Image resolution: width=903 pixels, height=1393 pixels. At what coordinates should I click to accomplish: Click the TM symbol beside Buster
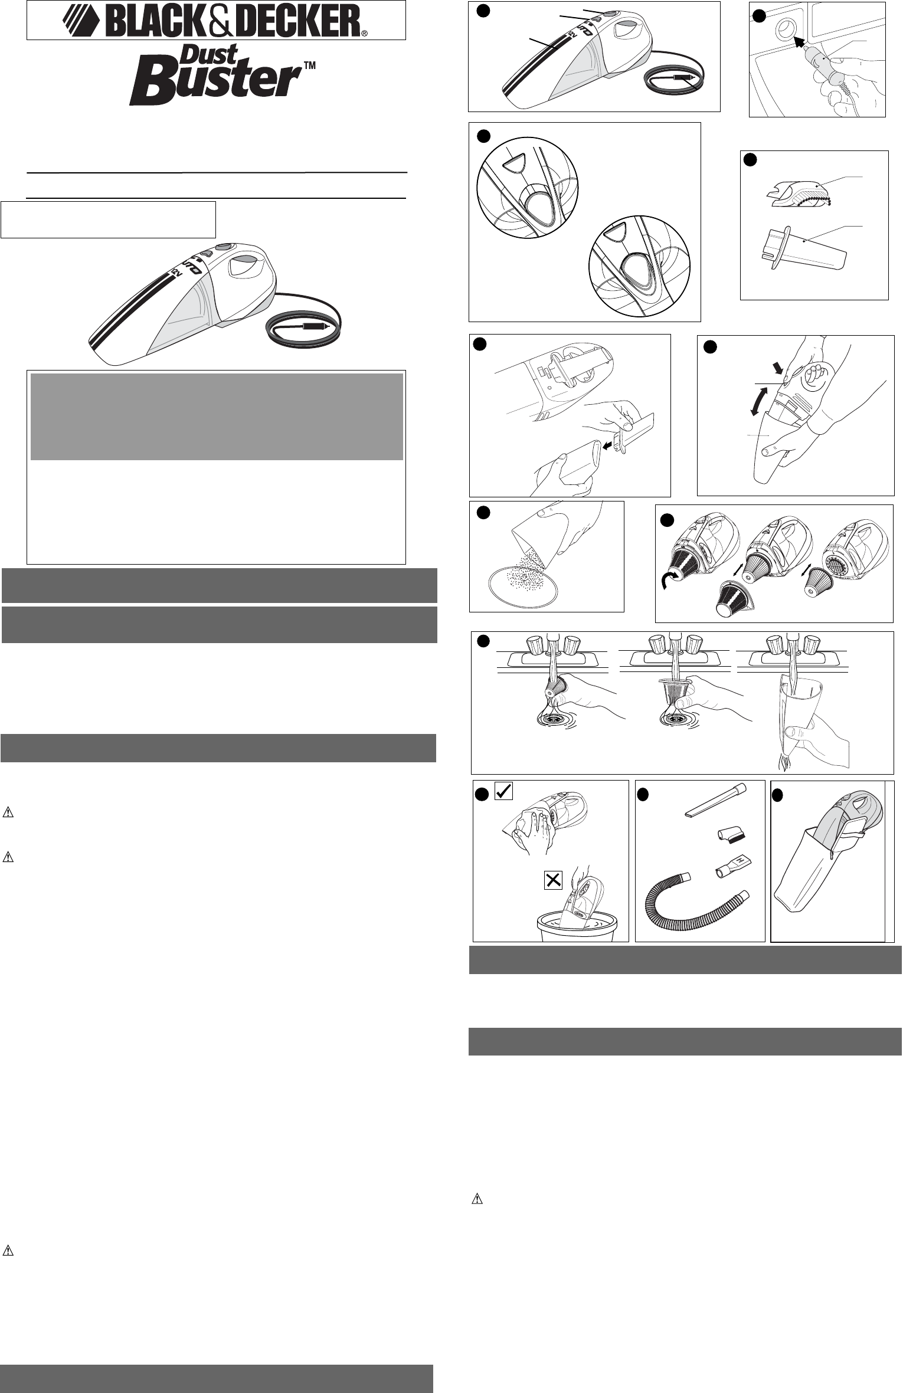[310, 67]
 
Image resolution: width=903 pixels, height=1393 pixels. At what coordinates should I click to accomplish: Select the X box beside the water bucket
[553, 881]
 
